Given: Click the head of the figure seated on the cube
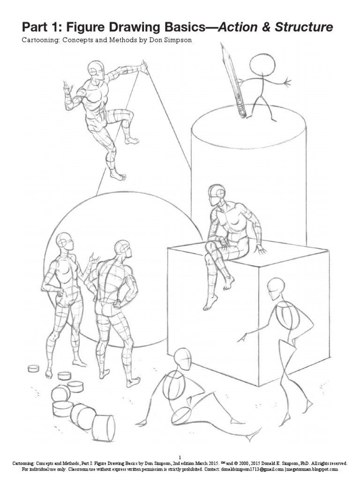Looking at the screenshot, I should coord(216,194).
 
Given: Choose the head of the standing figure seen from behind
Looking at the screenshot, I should coord(122,248).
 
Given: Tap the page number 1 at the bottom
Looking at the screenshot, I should coord(180,457).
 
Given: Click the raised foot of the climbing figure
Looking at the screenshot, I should coord(132,140).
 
